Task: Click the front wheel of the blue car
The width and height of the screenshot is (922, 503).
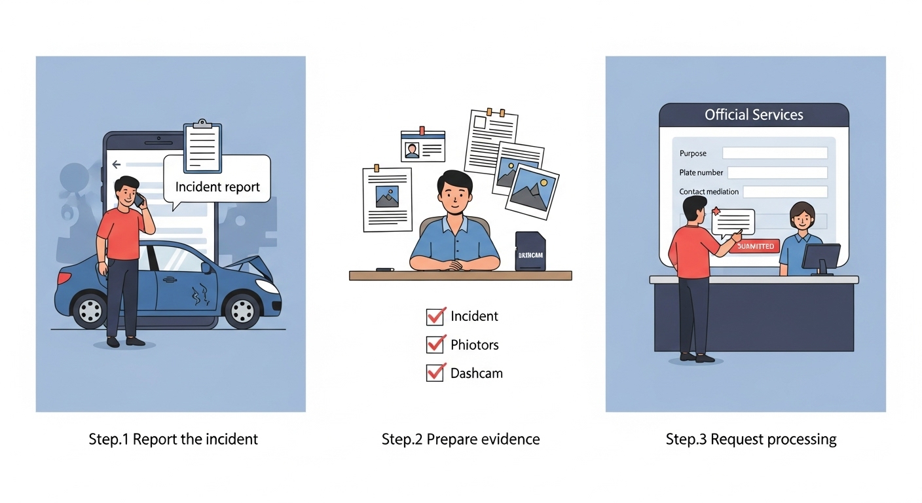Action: pos(242,309)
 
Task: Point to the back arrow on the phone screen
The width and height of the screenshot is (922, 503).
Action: pos(117,164)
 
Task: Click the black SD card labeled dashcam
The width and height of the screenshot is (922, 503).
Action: pos(530,251)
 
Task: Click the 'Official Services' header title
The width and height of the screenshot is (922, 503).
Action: pos(754,115)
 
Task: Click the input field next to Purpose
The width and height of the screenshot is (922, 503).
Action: pos(775,153)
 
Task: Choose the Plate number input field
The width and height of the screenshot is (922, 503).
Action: pos(777,172)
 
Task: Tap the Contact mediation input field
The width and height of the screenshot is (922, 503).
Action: pos(785,192)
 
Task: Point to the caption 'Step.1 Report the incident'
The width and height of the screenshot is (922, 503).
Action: pos(174,439)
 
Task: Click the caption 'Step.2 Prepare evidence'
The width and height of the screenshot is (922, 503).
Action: pos(461,439)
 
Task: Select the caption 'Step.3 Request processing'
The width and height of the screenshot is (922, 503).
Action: pos(751,439)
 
